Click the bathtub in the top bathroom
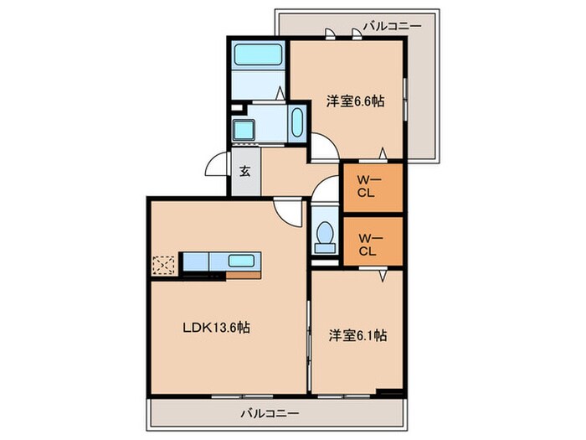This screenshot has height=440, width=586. (x=258, y=55)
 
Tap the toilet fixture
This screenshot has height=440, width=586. (x=323, y=237)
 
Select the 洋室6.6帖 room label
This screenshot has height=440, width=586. (x=355, y=102)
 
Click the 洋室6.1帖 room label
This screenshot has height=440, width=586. (x=357, y=335)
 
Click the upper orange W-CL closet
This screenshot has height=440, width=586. (x=372, y=185)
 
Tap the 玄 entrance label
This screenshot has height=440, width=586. (x=246, y=172)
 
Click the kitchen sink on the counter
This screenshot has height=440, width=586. (x=243, y=260)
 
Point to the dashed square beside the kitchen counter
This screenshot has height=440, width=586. (x=165, y=264)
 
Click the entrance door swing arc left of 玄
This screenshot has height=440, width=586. (x=217, y=164)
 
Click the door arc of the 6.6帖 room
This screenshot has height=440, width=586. (x=325, y=150)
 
